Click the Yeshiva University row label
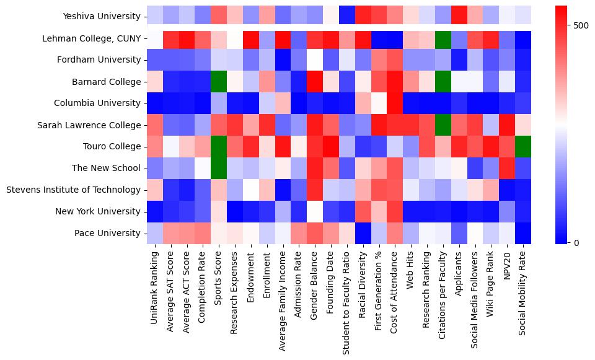point(102,17)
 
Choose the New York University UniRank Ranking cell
point(155,211)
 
